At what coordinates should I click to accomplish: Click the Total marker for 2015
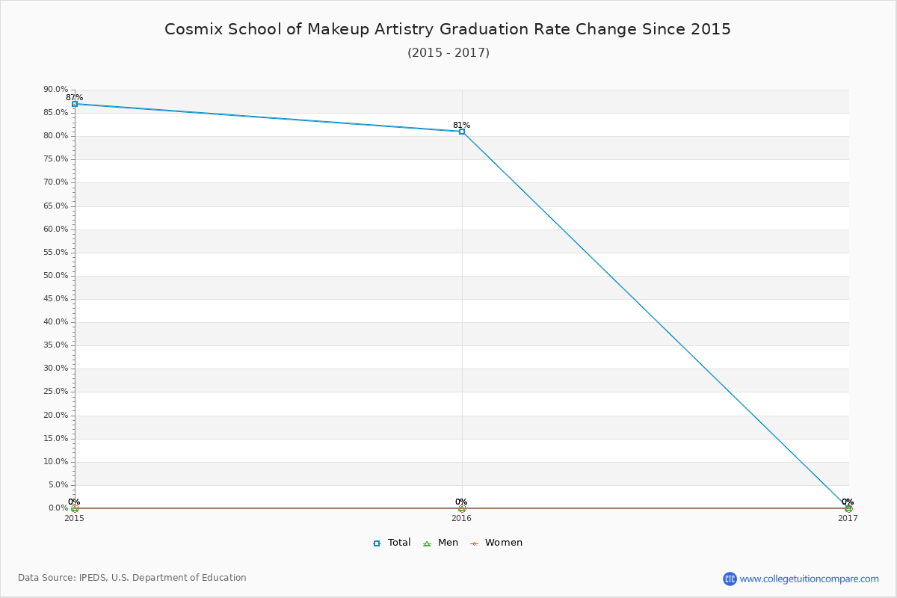coord(75,104)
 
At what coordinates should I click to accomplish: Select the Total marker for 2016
coord(462,132)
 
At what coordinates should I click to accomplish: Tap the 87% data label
coord(75,97)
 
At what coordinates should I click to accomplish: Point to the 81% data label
coord(462,125)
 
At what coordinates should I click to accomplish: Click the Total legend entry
coord(392,543)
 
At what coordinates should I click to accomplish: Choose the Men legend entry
coord(440,543)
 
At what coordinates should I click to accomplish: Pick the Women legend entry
coord(496,543)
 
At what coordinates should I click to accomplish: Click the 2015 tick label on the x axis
coord(75,518)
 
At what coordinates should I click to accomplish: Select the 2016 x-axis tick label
coord(462,518)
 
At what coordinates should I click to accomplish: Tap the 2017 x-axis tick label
coord(848,518)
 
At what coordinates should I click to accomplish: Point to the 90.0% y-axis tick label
coord(56,89)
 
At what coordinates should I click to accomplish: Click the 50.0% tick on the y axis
coord(56,276)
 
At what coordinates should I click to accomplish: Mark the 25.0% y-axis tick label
coord(56,392)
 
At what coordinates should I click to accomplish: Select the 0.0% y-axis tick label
coord(58,508)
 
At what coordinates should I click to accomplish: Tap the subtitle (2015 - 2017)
coord(449,52)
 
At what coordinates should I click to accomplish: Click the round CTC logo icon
coord(730,579)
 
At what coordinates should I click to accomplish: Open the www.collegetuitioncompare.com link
coord(810,579)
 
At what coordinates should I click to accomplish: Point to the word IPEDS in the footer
coord(93,578)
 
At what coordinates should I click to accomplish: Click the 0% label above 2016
coord(461,502)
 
